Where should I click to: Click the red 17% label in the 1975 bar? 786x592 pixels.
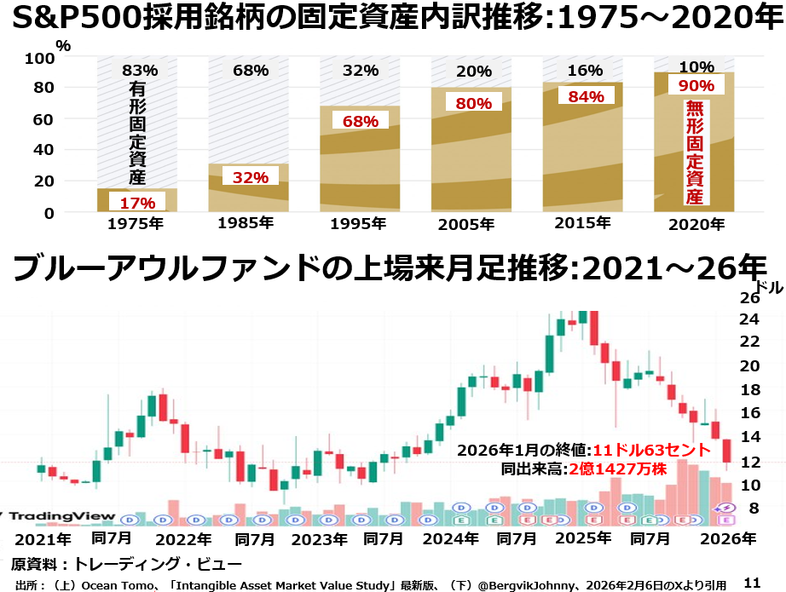[x=137, y=202]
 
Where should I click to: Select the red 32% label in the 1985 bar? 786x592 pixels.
[x=251, y=176]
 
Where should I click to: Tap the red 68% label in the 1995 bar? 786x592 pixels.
[x=361, y=121]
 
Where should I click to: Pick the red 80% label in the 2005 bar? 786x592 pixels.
[x=474, y=103]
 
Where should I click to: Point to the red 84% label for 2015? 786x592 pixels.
[x=586, y=96]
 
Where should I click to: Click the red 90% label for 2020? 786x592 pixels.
[x=696, y=85]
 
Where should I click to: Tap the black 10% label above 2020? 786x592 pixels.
[x=696, y=67]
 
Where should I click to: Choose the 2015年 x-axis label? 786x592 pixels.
[x=582, y=223]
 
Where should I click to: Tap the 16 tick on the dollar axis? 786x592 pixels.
[x=749, y=413]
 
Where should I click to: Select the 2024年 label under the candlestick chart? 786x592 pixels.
[x=449, y=538]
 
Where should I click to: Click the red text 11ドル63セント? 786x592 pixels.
[x=651, y=450]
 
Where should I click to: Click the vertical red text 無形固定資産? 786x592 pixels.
[x=695, y=153]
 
